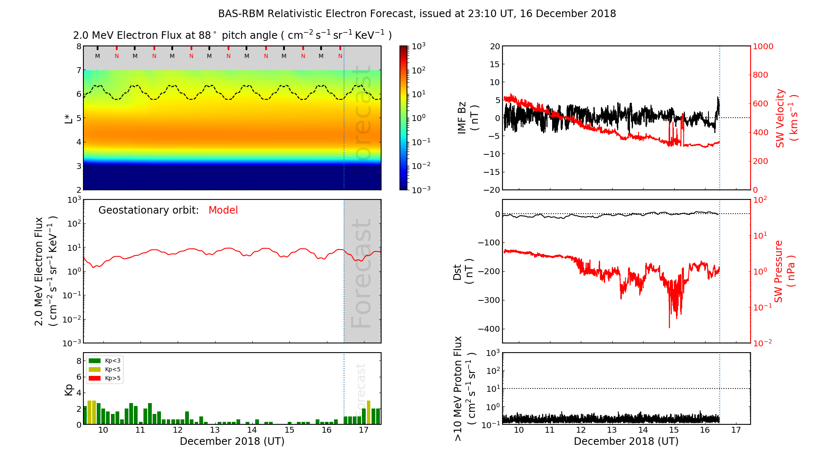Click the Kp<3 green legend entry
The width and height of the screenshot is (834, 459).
click(105, 361)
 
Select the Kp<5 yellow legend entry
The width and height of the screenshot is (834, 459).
click(105, 370)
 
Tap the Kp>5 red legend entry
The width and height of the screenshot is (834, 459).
click(105, 378)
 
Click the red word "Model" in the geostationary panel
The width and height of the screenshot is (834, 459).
click(223, 210)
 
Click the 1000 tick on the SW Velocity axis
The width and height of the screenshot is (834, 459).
click(763, 46)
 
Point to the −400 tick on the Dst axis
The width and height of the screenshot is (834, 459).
click(489, 329)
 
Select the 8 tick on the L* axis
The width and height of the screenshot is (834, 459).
click(78, 46)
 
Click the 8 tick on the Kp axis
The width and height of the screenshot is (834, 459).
click(78, 361)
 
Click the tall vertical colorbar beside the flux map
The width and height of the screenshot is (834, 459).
click(404, 118)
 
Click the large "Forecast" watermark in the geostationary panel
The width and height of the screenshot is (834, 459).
click(361, 273)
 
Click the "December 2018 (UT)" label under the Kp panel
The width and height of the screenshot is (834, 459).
click(232, 441)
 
